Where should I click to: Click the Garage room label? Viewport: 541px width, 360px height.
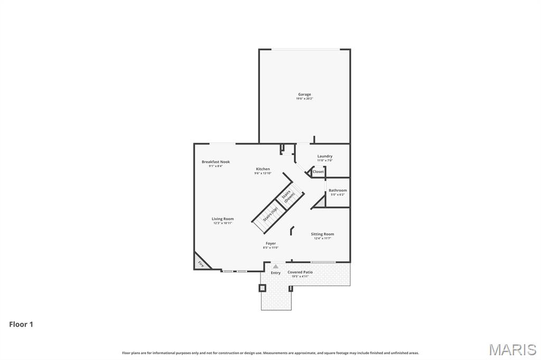pos(304,94)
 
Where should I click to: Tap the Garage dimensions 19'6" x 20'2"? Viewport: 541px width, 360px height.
pos(304,99)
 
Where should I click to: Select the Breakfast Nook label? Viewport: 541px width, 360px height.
pos(216,162)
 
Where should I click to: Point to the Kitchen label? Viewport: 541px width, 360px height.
pos(263,169)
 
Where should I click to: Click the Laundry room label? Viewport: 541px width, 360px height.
pos(324,156)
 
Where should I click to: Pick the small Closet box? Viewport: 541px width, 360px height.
pos(318,172)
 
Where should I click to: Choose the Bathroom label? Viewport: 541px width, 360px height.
pos(338,190)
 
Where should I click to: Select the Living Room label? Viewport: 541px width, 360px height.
pos(222,219)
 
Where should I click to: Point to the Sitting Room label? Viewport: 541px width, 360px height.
pos(322,234)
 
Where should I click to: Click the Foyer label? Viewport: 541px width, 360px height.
pos(270,243)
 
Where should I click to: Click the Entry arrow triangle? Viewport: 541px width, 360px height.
pos(275,267)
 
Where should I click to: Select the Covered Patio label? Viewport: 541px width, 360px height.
pos(300,272)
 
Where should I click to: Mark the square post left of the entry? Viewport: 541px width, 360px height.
pos(262,288)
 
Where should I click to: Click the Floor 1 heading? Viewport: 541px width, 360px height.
pos(21,325)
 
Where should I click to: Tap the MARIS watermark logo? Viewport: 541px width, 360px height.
pos(512,349)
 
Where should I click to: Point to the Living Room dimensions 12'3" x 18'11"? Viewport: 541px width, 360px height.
pos(222,223)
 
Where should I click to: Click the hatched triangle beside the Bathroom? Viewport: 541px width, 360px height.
pos(319,202)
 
